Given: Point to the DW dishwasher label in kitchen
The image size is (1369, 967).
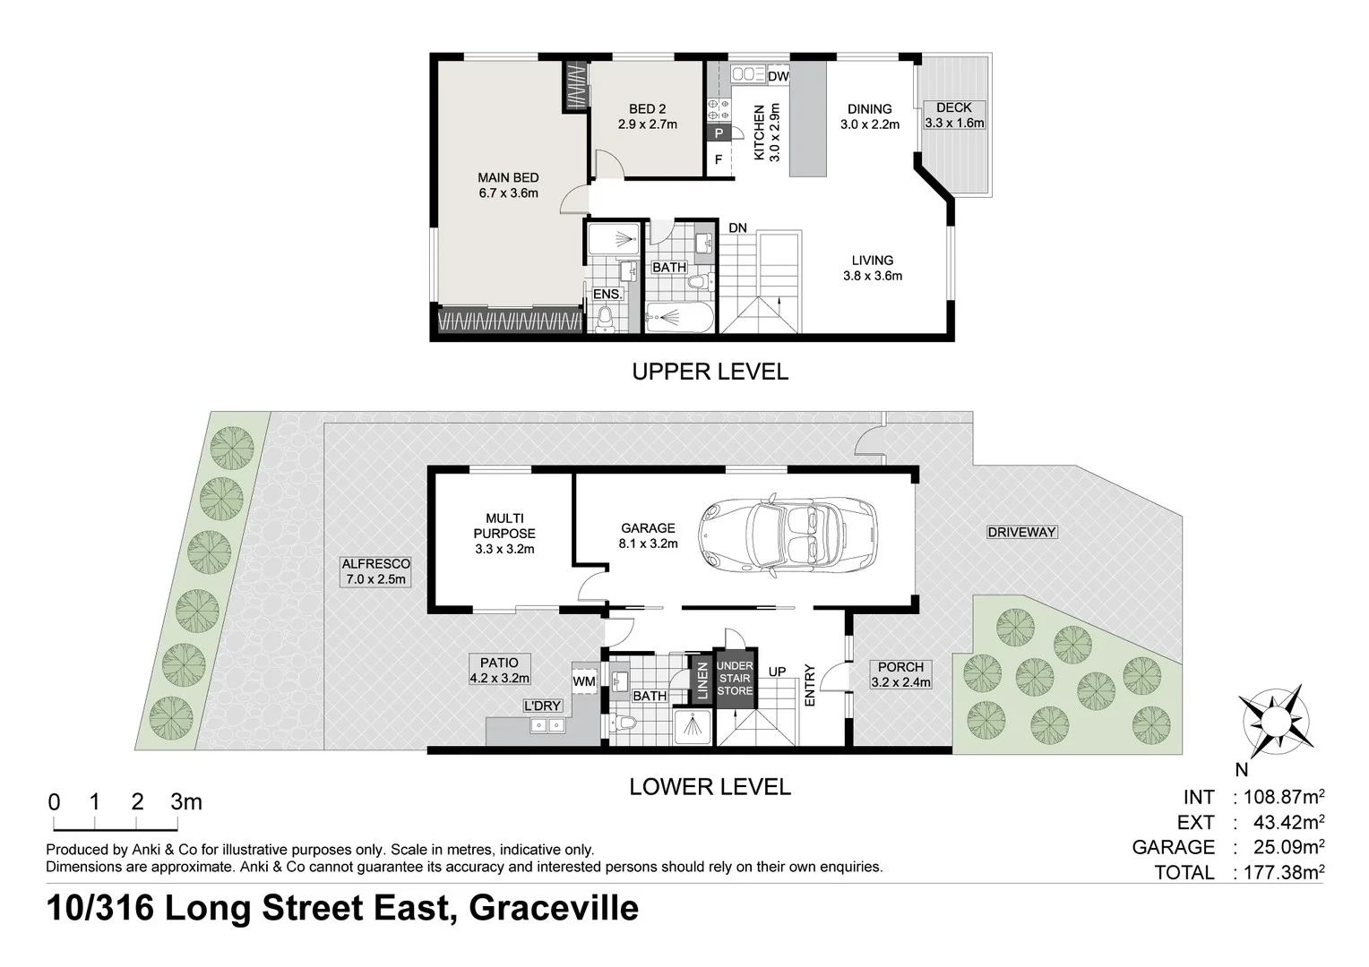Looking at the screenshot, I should point(778,77).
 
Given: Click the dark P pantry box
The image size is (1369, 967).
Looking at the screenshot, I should point(718,133).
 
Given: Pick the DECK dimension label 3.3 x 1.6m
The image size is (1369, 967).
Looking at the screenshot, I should point(954,123).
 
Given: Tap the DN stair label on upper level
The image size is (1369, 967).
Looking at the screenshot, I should point(737,228).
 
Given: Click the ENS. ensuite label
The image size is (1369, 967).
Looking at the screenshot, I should point(605,294).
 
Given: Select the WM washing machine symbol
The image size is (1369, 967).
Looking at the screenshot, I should point(584,682).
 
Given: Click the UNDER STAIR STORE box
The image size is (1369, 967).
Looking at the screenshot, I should point(735,678).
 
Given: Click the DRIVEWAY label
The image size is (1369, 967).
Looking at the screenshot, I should point(1021,532).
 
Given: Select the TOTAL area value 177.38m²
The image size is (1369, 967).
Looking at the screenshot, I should point(1279,872).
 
